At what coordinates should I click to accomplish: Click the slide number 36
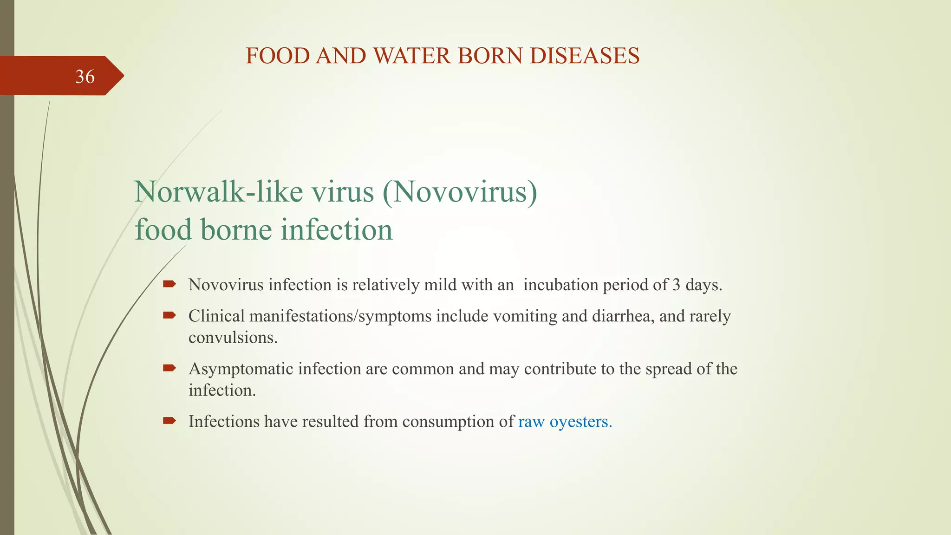[x=85, y=77]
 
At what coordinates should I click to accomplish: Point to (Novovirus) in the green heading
[x=460, y=191]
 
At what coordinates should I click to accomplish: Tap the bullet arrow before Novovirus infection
[x=169, y=284]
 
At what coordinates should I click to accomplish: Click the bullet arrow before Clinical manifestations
[x=169, y=315]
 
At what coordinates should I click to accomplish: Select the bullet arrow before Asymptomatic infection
[x=169, y=368]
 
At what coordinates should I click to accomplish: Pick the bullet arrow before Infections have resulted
[x=169, y=421]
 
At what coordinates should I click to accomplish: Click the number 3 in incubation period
[x=677, y=285]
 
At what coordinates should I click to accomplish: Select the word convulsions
[x=233, y=338]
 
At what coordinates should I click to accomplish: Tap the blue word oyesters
[x=580, y=422]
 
